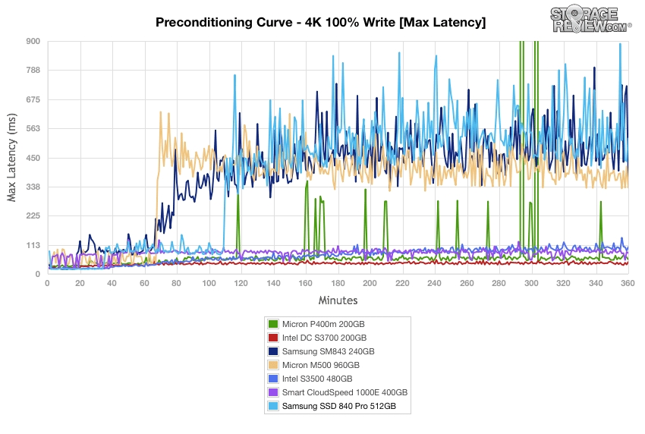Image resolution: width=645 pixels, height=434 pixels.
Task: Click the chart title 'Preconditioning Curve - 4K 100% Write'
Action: (320, 22)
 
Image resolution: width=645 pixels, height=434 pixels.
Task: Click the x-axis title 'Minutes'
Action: (338, 300)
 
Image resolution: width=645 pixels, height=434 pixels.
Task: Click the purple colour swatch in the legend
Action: (273, 392)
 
